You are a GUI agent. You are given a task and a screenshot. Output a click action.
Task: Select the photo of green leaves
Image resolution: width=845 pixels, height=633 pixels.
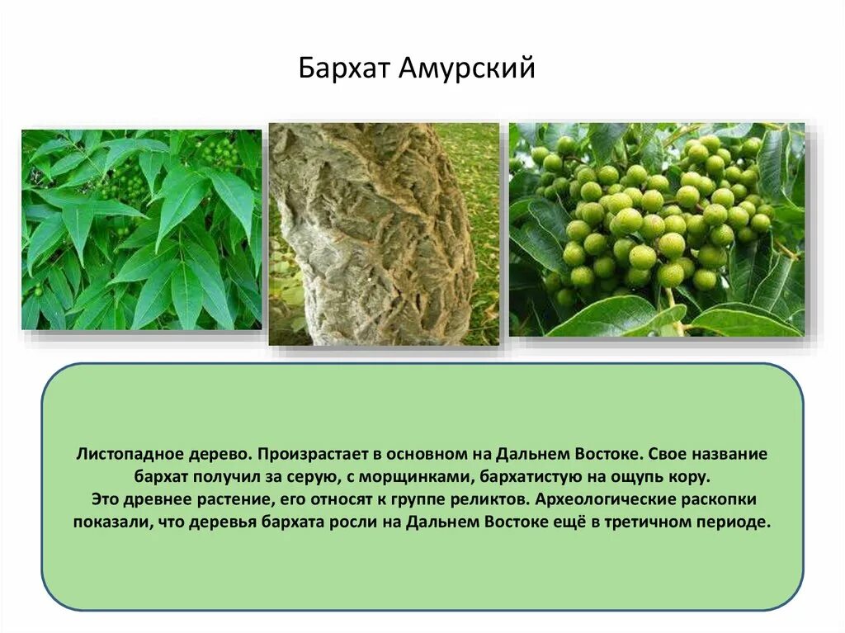[x=141, y=229]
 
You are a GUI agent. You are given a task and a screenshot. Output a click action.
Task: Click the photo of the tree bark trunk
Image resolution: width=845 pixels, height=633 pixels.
[x=384, y=234]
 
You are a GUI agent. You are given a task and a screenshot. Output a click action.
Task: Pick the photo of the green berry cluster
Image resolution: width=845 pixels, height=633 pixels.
[x=656, y=229]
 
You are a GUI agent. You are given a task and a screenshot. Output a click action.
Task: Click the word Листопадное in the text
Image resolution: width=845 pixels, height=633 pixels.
[x=122, y=455]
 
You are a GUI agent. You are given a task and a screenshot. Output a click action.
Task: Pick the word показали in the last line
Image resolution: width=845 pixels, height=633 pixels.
[x=108, y=522]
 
